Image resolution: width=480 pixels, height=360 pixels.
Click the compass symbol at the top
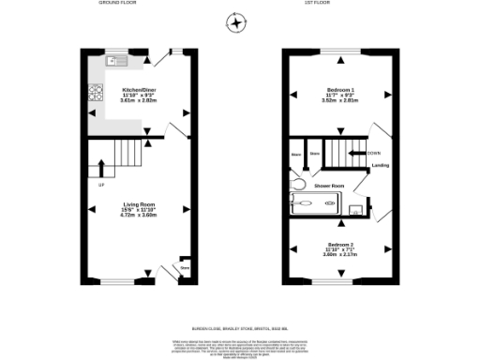[x=236, y=22]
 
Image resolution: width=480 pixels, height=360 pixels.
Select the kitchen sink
[x=117, y=61]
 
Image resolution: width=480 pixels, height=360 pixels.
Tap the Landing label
[x=380, y=166]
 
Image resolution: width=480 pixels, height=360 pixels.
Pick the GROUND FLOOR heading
[x=119, y=4]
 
